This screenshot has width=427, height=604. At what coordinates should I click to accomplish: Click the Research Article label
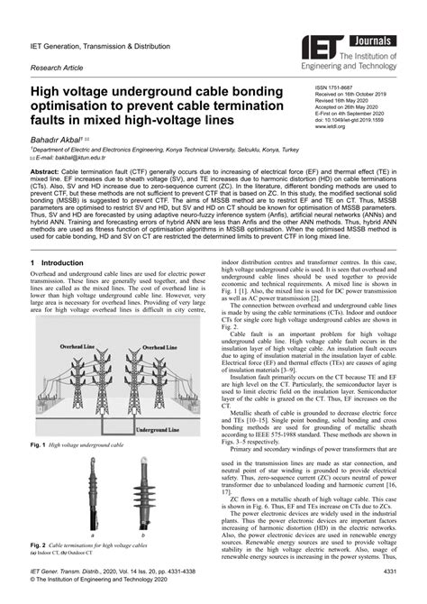(x=60, y=67)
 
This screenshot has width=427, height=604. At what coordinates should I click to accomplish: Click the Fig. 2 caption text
(x=90, y=545)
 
